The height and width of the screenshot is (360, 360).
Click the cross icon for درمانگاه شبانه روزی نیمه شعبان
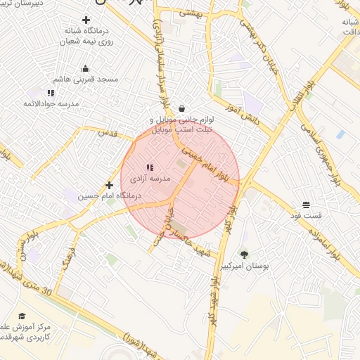[x=86, y=20]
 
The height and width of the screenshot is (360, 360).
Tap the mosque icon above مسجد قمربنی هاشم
[x=86, y=68]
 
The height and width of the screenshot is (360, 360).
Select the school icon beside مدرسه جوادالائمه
[x=51, y=93]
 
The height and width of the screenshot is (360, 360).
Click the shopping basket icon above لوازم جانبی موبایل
[x=183, y=109]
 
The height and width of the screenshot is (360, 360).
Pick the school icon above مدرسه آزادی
[x=149, y=167]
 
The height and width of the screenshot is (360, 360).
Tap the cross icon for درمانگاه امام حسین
[x=109, y=185]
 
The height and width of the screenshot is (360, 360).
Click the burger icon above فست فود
[x=307, y=205]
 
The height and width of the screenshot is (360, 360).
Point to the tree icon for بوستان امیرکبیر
[x=244, y=255]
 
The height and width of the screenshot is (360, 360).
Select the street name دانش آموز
[x=243, y=115]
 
